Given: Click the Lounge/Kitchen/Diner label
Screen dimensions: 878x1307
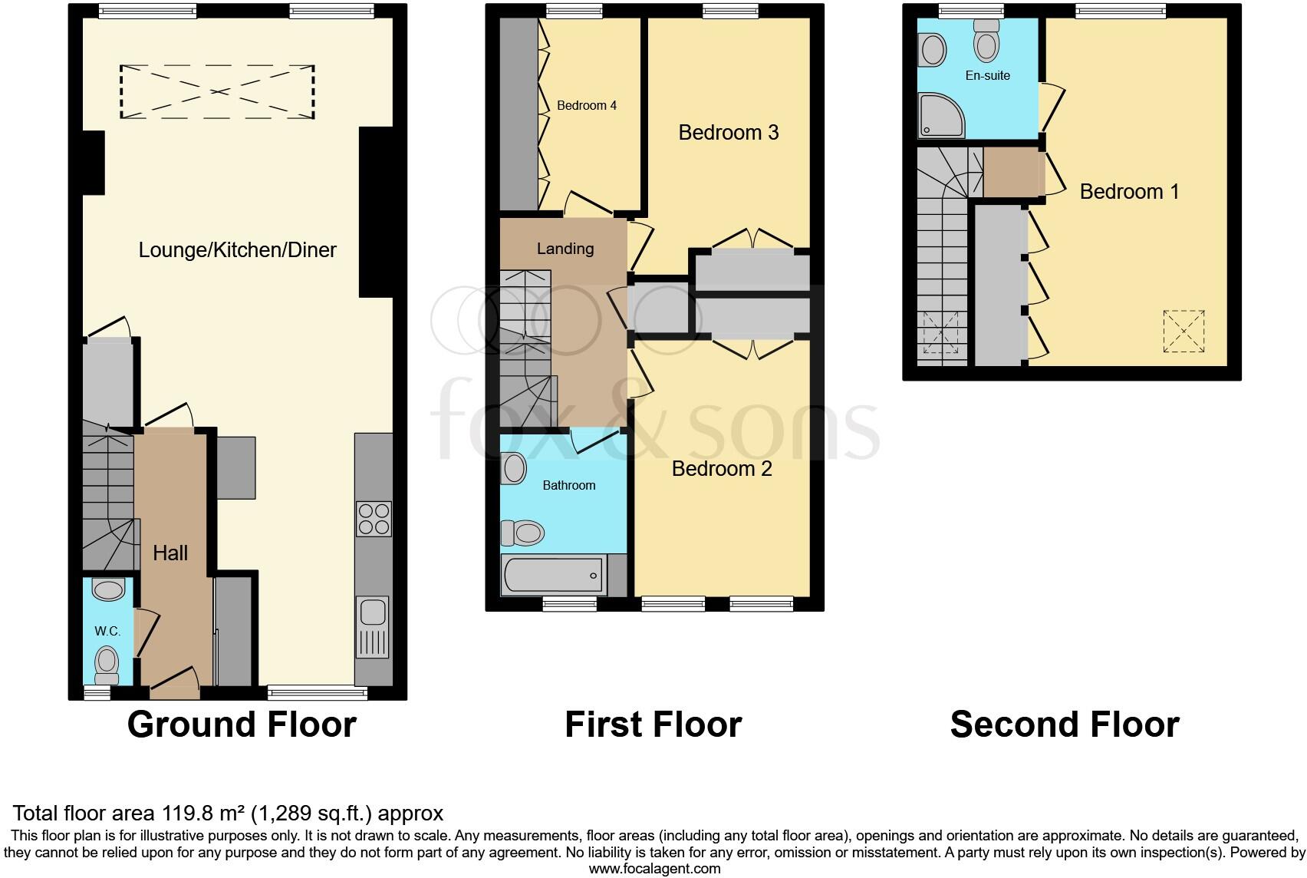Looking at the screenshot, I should (x=237, y=250).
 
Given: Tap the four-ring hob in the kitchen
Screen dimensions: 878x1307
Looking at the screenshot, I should (x=374, y=518).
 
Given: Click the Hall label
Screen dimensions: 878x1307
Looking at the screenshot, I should (x=170, y=553).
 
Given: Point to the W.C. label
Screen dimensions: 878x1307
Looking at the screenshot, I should (x=107, y=632).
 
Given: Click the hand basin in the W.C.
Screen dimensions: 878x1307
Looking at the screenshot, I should (x=108, y=589).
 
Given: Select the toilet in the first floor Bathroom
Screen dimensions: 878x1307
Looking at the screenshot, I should (x=523, y=532).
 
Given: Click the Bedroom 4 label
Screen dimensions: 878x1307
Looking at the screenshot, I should (x=587, y=106).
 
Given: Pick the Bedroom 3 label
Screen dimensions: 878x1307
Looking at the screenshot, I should (x=729, y=133).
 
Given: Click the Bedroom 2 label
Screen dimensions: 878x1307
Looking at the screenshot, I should (x=722, y=469).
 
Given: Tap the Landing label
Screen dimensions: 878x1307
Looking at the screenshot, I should (x=565, y=249).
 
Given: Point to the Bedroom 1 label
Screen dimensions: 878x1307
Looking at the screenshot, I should (x=1129, y=192).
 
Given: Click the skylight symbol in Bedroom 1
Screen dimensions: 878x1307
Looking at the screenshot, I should (x=1184, y=332).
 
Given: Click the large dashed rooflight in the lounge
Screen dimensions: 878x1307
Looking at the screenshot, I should (x=217, y=92).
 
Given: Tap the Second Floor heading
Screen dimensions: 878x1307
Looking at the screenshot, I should (x=1065, y=725).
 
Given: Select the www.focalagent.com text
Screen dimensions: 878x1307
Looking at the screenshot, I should (x=654, y=869).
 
